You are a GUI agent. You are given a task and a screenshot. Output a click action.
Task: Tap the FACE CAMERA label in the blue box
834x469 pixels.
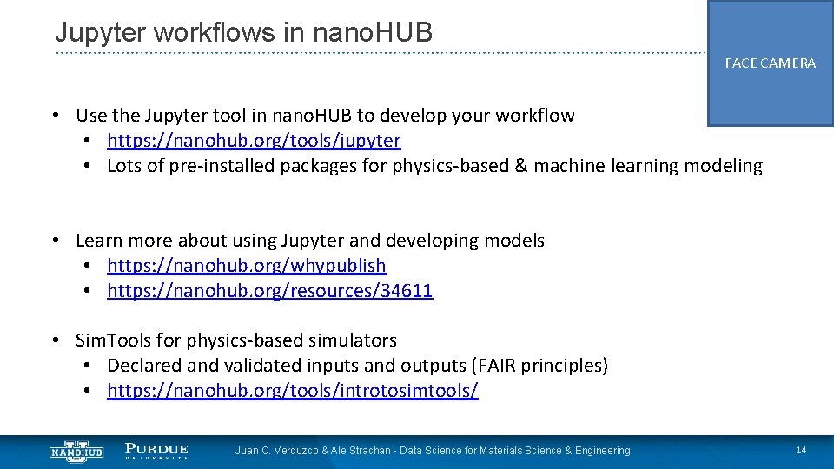770,63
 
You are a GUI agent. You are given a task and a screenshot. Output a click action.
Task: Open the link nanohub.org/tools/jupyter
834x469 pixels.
254,141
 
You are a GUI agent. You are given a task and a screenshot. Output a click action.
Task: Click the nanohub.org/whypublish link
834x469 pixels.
247,266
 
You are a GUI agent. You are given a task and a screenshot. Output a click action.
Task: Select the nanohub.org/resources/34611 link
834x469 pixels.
269,291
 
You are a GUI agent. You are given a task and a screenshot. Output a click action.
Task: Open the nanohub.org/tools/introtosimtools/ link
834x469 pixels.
292,391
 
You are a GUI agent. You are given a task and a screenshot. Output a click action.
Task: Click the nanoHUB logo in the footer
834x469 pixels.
76,450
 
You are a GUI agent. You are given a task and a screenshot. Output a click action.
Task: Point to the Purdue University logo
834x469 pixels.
156,450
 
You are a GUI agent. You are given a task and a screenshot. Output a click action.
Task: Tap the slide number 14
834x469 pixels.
801,450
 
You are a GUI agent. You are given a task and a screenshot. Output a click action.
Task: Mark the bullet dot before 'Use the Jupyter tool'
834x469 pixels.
54,116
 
